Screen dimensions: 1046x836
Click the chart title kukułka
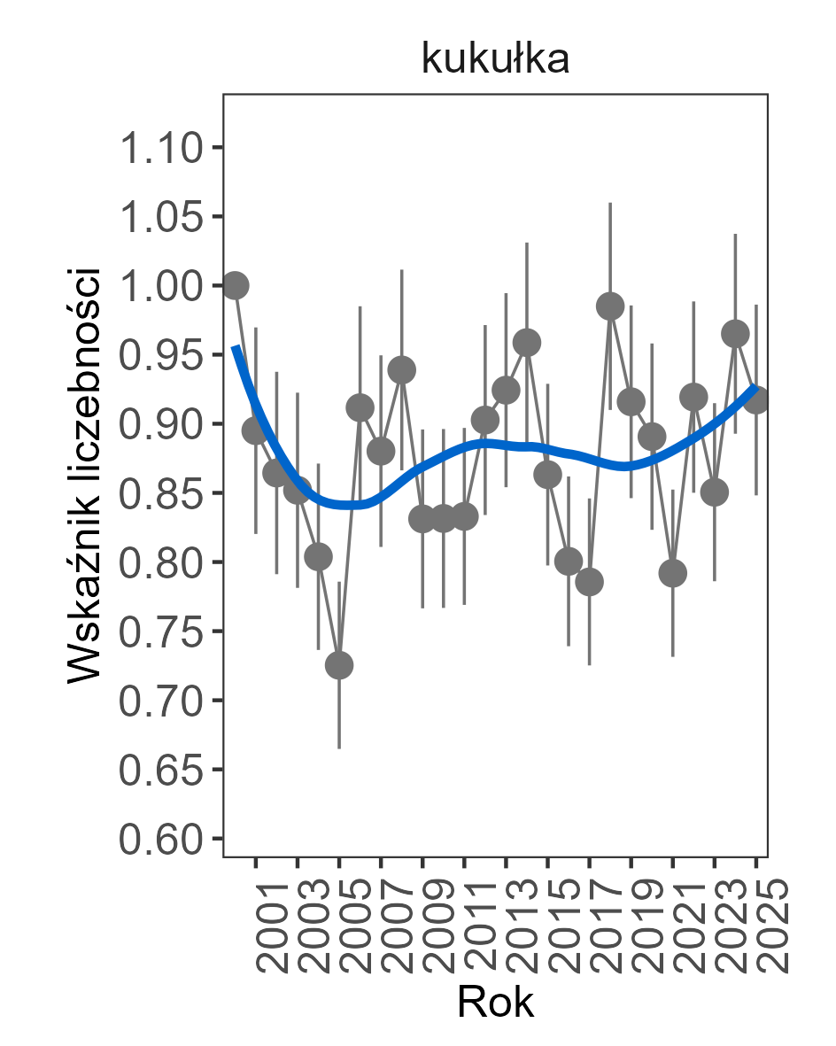click(x=494, y=59)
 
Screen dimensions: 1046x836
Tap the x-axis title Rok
click(x=495, y=1003)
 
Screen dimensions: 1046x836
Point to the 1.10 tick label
click(x=159, y=148)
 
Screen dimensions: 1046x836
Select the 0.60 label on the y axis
click(x=159, y=840)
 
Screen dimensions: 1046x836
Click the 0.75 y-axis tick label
click(x=159, y=632)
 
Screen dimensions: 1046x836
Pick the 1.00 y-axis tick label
click(x=159, y=286)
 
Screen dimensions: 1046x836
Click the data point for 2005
click(x=339, y=665)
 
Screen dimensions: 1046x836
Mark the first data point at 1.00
click(x=235, y=285)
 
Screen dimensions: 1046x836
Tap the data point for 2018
click(x=610, y=306)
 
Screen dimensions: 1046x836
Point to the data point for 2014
click(x=527, y=343)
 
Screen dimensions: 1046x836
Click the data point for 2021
click(x=673, y=574)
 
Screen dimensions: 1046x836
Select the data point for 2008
click(x=402, y=370)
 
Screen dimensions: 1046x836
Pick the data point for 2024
click(x=735, y=334)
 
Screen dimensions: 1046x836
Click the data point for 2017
click(x=589, y=582)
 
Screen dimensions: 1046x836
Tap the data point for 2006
click(x=360, y=408)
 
